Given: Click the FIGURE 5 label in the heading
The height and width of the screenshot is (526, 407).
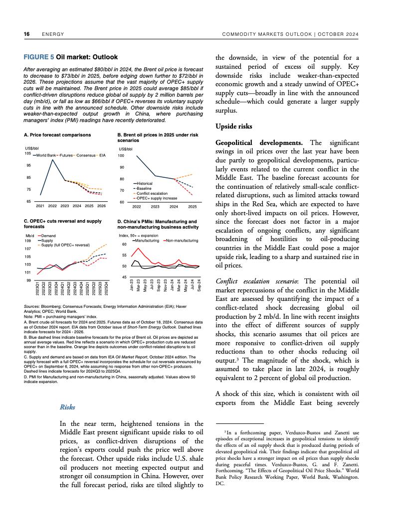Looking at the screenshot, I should (x=39, y=57).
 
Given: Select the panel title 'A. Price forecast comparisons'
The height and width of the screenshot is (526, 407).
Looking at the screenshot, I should (x=57, y=135).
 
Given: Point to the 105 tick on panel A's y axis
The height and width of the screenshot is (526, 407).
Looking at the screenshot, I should (x=27, y=153).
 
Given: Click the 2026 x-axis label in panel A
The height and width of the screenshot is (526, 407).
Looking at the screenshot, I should (x=102, y=206).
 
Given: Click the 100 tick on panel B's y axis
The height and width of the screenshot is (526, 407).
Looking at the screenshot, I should (x=121, y=156).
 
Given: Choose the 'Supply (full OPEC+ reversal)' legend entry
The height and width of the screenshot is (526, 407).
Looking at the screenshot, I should (x=65, y=245).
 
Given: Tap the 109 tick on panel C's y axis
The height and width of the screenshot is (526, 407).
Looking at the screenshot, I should (x=28, y=241).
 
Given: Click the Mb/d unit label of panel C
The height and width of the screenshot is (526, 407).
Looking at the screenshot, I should (x=29, y=236).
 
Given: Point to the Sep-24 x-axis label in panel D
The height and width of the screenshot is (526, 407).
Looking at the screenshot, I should (x=199, y=287).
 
